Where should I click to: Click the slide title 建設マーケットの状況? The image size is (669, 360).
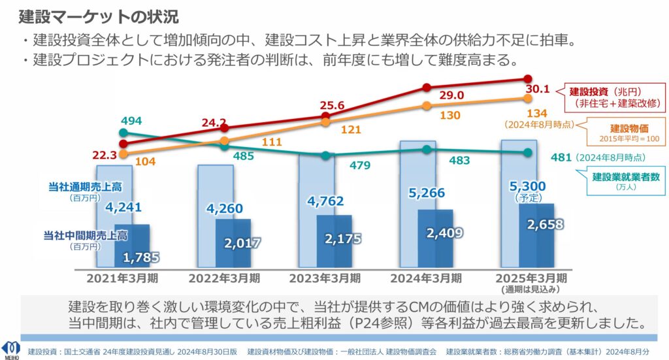coord(99,16)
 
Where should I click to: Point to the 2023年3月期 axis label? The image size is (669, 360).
coord(325,278)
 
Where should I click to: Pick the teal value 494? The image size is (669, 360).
coord(131,121)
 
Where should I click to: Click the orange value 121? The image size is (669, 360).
coord(350,129)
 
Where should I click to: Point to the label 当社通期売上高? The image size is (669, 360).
coord(86,188)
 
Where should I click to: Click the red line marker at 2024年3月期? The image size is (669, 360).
coord(427,88)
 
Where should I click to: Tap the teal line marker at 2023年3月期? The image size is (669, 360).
coord(325,155)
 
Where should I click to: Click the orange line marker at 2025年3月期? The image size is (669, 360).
coord(528,99)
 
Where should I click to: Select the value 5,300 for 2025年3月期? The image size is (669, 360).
coord(528,186)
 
